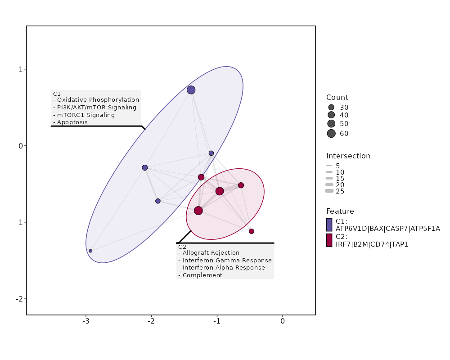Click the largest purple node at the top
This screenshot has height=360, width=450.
(191, 90)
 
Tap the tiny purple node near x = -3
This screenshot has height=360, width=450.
(90, 251)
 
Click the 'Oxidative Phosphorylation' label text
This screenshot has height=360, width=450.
(98, 100)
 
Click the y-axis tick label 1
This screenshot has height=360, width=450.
(21, 69)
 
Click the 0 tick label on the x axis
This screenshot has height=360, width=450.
(283, 321)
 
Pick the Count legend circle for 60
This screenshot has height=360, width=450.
(332, 133)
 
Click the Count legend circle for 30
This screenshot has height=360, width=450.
(332, 108)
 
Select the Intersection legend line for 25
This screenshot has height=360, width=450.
(329, 191)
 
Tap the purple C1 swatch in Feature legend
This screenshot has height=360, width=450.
(329, 225)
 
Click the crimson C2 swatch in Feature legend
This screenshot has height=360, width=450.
(329, 240)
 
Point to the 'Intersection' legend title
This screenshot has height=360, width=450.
(348, 156)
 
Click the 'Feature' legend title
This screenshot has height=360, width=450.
(340, 211)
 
